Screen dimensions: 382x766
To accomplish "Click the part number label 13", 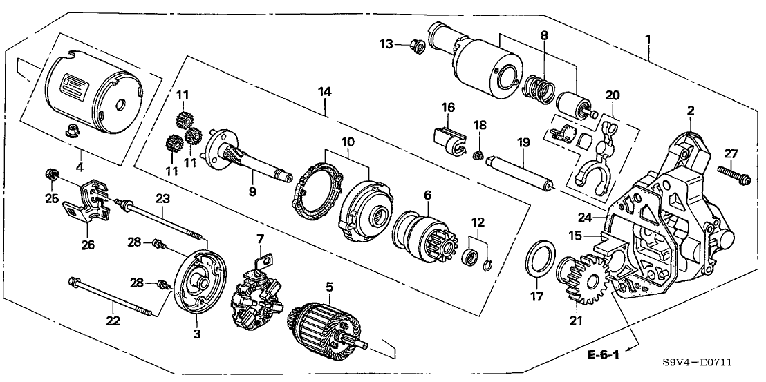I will pos(386,44).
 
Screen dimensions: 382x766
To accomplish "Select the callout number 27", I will pos(730,153).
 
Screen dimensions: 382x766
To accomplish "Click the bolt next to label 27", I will pos(731,172).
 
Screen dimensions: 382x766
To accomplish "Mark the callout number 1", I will pos(648,38).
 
